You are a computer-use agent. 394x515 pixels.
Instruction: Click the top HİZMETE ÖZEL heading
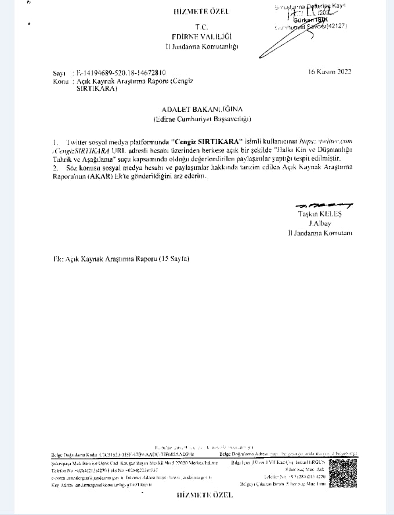201,12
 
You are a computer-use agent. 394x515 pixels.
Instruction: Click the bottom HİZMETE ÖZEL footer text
204,495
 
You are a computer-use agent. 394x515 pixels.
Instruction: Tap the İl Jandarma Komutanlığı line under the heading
201,46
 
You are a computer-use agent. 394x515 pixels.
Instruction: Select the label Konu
60,82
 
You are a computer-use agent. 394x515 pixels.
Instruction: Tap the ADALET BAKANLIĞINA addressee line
202,108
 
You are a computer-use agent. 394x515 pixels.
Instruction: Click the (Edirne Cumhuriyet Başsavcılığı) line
201,119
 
